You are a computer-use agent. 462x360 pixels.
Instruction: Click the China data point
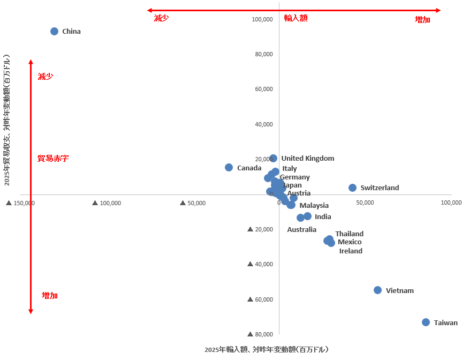(x=54, y=31)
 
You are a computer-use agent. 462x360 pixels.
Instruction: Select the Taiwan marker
(x=426, y=322)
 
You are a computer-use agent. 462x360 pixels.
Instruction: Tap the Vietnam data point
(x=377, y=290)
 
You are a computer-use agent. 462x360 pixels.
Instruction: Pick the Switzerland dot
(x=352, y=187)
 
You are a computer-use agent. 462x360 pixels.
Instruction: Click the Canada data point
(x=229, y=167)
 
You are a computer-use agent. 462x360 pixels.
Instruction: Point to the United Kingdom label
(x=308, y=158)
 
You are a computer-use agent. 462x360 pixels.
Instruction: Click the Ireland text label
(x=351, y=251)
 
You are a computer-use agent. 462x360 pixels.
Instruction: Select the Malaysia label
(x=314, y=205)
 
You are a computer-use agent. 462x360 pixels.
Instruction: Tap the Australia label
(x=301, y=229)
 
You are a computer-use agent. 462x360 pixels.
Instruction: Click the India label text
(x=323, y=216)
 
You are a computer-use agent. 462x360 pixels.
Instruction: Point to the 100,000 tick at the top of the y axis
(x=262, y=20)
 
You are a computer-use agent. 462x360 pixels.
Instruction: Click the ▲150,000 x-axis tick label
(x=20, y=203)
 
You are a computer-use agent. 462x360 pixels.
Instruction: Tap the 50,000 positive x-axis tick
(x=365, y=203)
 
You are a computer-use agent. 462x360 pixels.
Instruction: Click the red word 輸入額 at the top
(x=296, y=18)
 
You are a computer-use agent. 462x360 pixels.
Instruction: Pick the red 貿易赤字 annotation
(x=53, y=158)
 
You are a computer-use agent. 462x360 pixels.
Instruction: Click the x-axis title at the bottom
(x=266, y=349)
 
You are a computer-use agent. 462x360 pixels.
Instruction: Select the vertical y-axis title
(x=7, y=119)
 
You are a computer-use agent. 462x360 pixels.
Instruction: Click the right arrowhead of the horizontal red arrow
(x=438, y=10)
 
